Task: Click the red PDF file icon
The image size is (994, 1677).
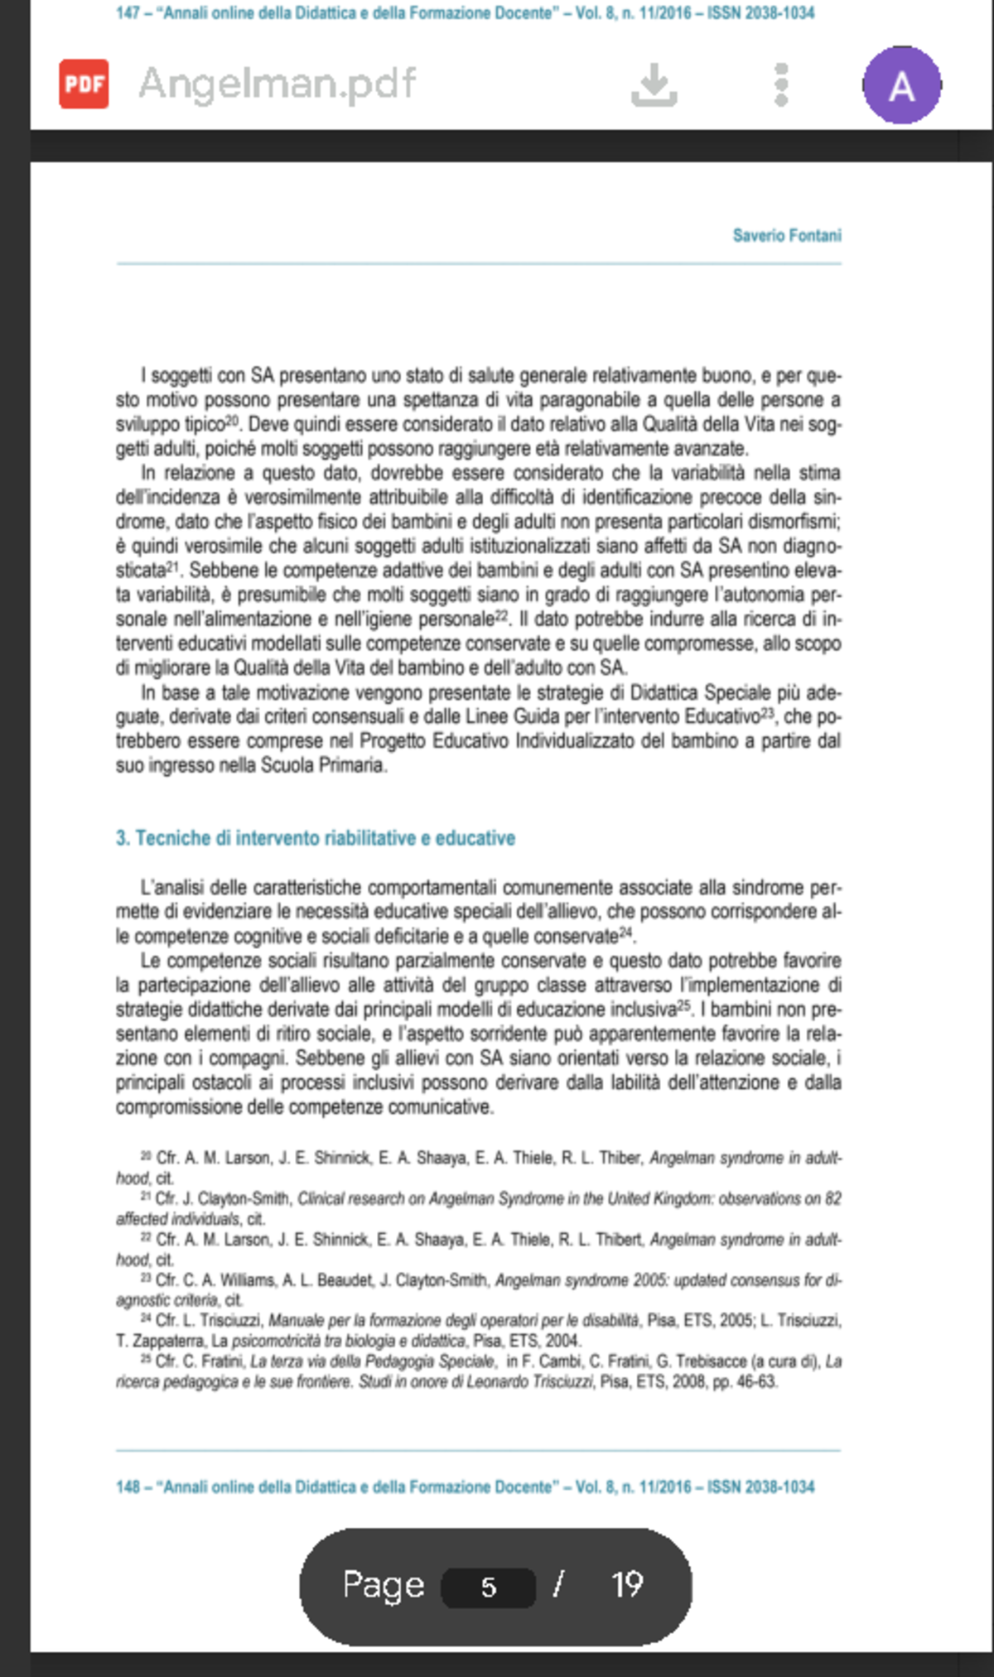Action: tap(84, 84)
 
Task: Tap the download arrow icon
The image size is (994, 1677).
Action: tap(654, 84)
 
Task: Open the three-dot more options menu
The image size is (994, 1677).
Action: tap(780, 84)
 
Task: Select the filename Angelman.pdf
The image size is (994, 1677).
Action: tap(277, 84)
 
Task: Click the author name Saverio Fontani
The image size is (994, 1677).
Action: tap(786, 236)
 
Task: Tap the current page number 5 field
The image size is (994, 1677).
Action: tap(489, 1587)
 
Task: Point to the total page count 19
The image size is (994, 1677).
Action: tap(627, 1585)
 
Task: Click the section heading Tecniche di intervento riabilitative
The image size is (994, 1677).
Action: tap(316, 838)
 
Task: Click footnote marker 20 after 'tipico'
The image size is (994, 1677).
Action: tap(232, 421)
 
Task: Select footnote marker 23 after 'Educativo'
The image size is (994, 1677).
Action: tap(767, 712)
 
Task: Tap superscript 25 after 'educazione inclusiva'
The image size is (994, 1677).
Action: tap(683, 1005)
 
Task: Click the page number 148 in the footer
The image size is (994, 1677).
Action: tap(128, 1487)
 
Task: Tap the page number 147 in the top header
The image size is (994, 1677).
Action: tap(128, 13)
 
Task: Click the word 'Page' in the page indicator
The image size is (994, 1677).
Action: tap(384, 1585)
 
